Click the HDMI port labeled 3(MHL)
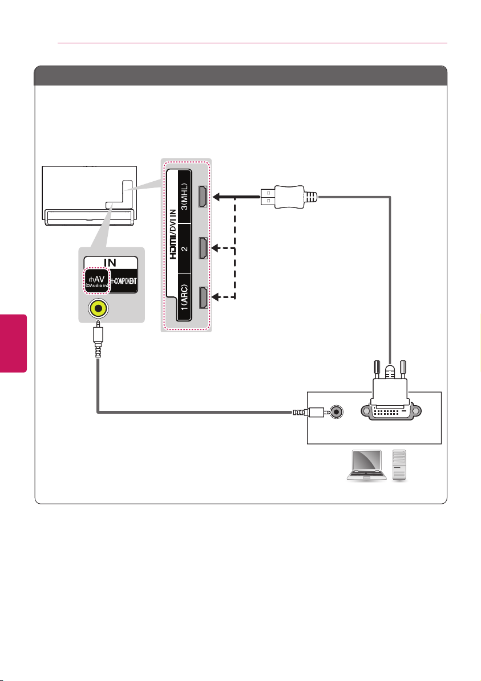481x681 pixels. tap(203, 196)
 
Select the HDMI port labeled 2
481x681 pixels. tap(203, 248)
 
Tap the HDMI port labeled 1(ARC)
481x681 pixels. tap(203, 298)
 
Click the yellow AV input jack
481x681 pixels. tap(98, 309)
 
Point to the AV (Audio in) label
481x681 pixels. tap(96, 280)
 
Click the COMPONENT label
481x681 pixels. tap(123, 281)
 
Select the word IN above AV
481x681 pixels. tap(110, 262)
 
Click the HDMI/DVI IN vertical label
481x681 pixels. tap(173, 234)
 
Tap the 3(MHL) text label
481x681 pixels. tap(184, 196)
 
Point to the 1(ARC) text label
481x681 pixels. tap(184, 297)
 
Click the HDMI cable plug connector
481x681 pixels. tap(289, 197)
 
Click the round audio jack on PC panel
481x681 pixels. tap(336, 411)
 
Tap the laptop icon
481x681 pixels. tap(367, 465)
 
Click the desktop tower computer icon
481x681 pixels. tap(399, 465)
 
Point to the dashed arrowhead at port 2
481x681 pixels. tap(215, 248)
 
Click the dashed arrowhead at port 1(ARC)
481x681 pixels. tap(215, 297)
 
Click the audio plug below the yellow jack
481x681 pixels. tap(98, 339)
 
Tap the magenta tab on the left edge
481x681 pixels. tap(14, 344)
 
